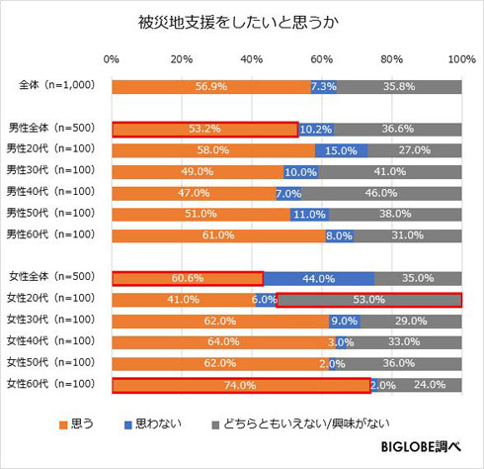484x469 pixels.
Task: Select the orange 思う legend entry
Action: pos(80,423)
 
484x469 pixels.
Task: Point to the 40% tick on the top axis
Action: pos(252,59)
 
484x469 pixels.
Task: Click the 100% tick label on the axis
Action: pos(460,59)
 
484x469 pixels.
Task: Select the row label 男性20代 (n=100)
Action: pos(50,150)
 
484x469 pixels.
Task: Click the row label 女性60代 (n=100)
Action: pos(50,385)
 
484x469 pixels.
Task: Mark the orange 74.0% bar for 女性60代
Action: pos(240,385)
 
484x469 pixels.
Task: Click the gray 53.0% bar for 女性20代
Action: pos(368,299)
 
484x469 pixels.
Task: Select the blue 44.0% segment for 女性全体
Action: pos(317,278)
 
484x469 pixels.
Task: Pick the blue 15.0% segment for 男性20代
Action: pos(341,150)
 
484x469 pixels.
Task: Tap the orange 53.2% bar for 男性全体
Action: pos(204,129)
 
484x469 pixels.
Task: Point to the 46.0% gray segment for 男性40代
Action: pos(381,193)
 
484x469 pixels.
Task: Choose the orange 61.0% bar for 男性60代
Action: pos(218,235)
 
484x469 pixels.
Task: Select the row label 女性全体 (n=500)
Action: pos(50,278)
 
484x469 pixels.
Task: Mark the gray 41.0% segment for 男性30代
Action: pos(390,171)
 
